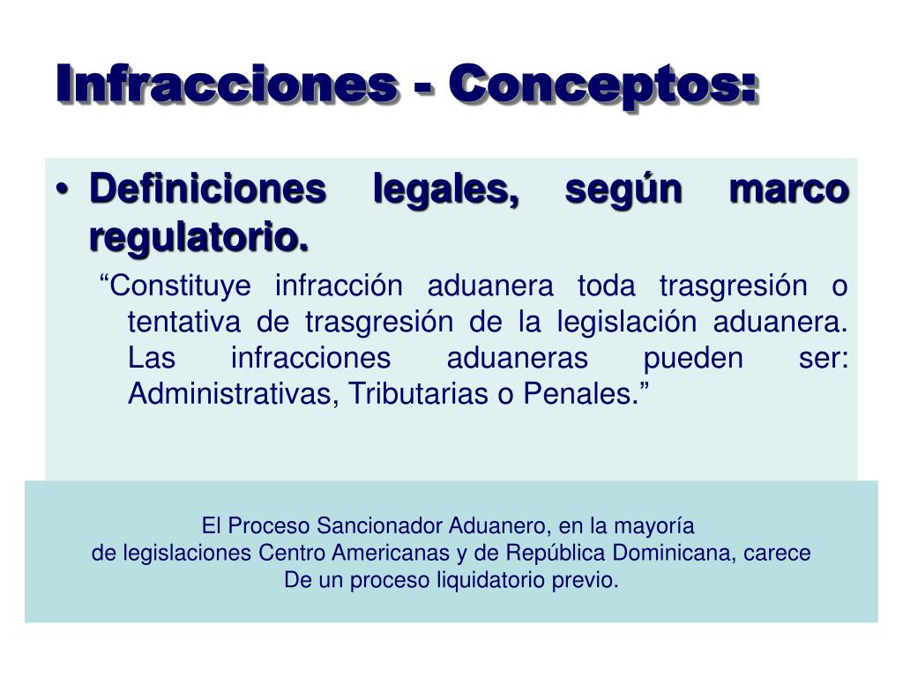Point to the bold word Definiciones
pyautogui.click(x=208, y=189)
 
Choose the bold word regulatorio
pyautogui.click(x=198, y=238)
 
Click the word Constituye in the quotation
pyautogui.click(x=175, y=286)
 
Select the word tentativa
pyautogui.click(x=183, y=322)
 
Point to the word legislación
pyautogui.click(x=627, y=323)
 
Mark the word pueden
pyautogui.click(x=693, y=359)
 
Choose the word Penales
pyautogui.click(x=581, y=394)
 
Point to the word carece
pyautogui.click(x=777, y=554)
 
